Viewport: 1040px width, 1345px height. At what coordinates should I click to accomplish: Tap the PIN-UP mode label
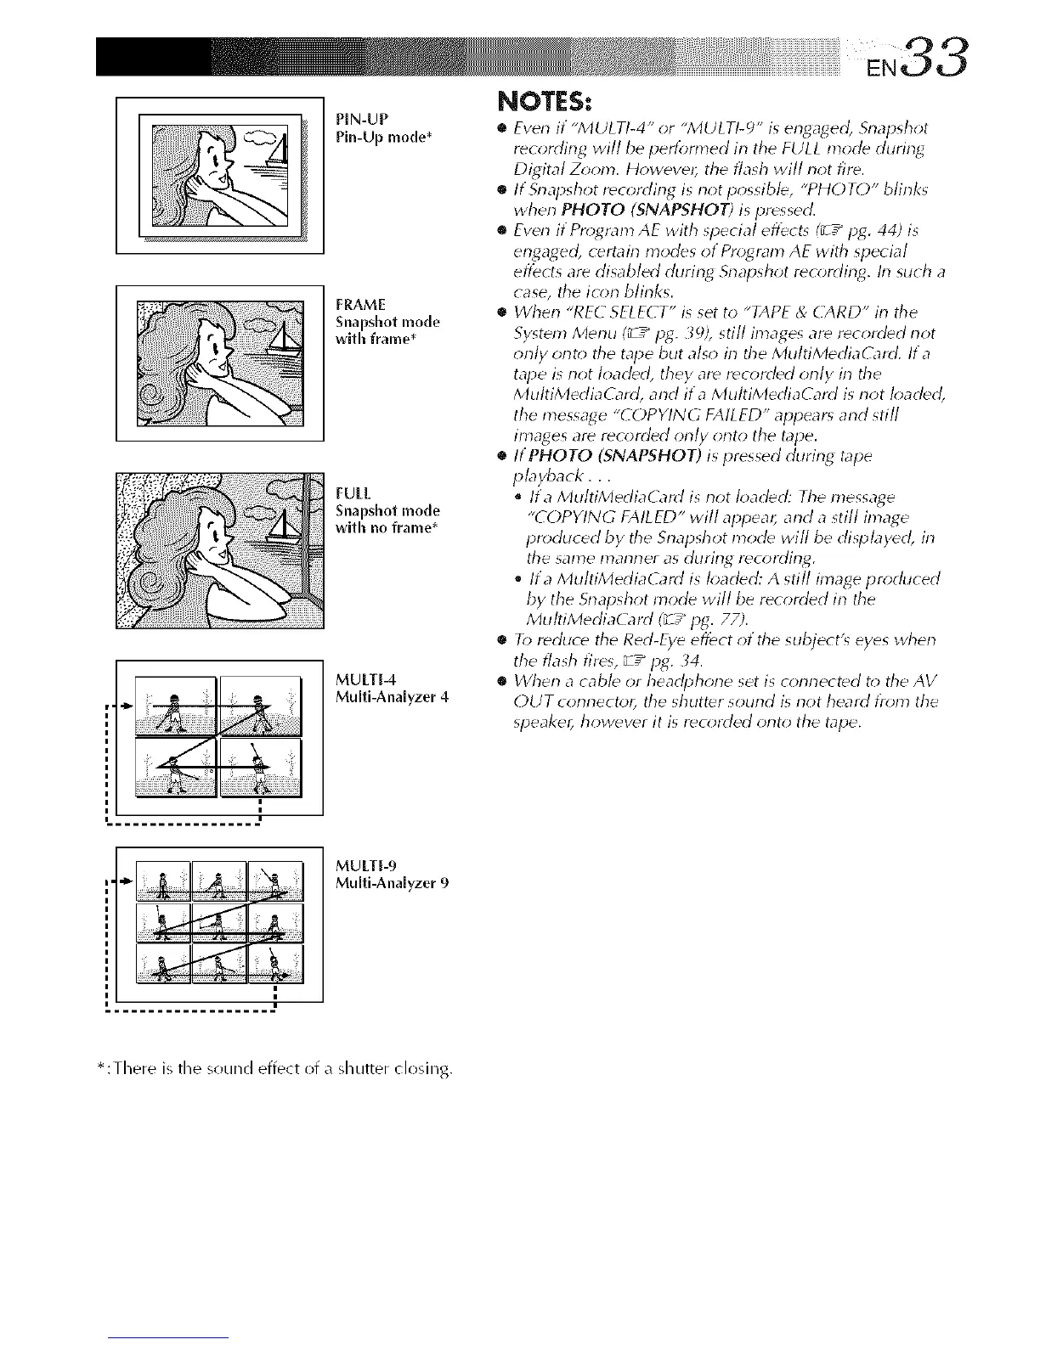click(361, 117)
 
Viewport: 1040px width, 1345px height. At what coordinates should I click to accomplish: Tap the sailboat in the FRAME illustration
click(283, 343)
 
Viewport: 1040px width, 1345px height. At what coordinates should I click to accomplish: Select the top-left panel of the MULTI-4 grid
click(176, 706)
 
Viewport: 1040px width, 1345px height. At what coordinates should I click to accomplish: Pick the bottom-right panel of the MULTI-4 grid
click(260, 768)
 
